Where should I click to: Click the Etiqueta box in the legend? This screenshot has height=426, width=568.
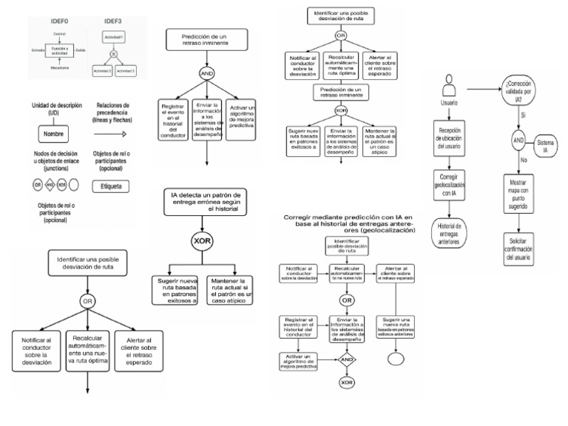point(112,186)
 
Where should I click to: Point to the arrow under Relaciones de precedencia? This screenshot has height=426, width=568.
point(111,134)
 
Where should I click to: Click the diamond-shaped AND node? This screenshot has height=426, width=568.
point(345,360)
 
